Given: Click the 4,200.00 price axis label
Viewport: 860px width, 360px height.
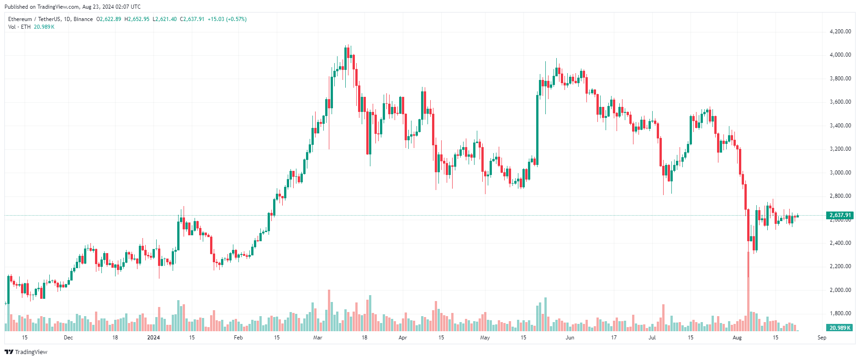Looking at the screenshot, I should (840, 32).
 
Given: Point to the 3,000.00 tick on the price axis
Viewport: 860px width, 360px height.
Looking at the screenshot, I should (840, 173).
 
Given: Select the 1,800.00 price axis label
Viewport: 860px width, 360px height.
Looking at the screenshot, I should (840, 313).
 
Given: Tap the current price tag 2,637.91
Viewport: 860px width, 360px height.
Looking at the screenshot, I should (840, 215).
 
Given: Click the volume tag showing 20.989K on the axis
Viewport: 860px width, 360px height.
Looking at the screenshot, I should (840, 328).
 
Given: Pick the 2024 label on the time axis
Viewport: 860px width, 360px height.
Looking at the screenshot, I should (153, 338).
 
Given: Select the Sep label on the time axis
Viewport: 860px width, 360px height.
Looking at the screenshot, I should (822, 338).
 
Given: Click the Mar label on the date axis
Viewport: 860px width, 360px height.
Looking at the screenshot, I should (317, 338).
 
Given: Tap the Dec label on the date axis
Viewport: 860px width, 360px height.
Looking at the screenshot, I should (68, 338).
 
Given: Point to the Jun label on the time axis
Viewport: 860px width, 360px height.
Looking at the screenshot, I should (570, 338).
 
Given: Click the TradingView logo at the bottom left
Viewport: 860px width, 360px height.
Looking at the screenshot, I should (26, 352).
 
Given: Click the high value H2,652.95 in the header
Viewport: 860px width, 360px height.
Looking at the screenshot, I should (137, 19).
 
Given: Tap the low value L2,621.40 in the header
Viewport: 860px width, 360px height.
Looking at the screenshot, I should (164, 19).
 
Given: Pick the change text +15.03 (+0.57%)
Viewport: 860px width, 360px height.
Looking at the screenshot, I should (227, 19).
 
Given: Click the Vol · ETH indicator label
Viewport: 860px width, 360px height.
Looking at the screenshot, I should (19, 27).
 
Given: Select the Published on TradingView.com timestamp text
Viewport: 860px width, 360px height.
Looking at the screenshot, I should (73, 7).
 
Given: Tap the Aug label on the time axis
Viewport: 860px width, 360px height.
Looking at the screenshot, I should (737, 338).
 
